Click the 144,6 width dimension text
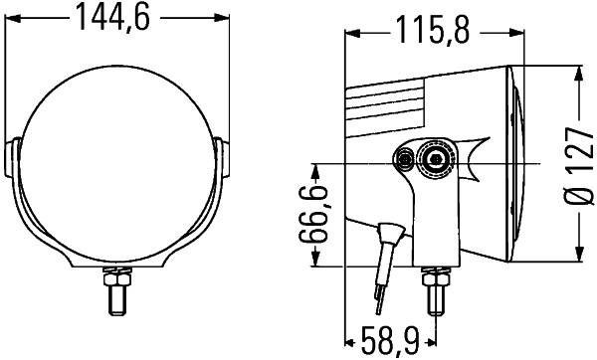pos(118,19)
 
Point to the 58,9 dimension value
pos(389,343)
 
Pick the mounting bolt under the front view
pos(118,292)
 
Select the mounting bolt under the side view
pos(434,291)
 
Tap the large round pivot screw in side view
pos(434,159)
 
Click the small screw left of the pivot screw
pos(405,159)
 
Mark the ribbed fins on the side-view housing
pos(388,99)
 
